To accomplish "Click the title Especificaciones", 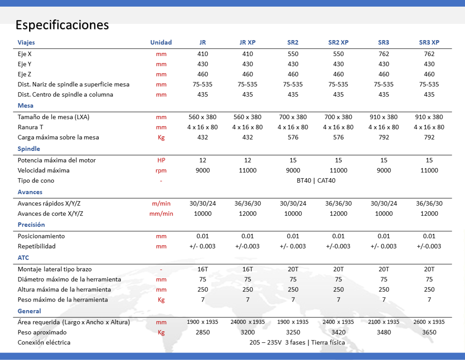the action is pyautogui.click(x=62, y=25).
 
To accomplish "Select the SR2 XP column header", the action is pyautogui.click(x=338, y=42).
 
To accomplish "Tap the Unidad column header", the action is pyautogui.click(x=161, y=42).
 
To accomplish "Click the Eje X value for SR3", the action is pyautogui.click(x=384, y=54).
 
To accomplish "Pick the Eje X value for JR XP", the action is pyautogui.click(x=248, y=54).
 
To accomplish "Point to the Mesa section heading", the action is pyautogui.click(x=26, y=105).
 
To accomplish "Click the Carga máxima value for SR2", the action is pyautogui.click(x=293, y=137).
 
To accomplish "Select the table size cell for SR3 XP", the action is pyautogui.click(x=429, y=117).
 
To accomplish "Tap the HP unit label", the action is pyautogui.click(x=161, y=160).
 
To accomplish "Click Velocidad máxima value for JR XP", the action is pyautogui.click(x=248, y=170).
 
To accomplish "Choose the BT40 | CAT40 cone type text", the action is pyautogui.click(x=316, y=180).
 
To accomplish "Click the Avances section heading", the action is pyautogui.click(x=30, y=192).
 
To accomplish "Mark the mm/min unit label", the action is pyautogui.click(x=161, y=214).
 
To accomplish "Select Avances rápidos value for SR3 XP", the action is pyautogui.click(x=429, y=203).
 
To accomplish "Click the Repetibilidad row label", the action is pyautogui.click(x=37, y=246).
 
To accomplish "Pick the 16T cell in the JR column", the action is pyautogui.click(x=203, y=269).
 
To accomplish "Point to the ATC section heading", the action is pyautogui.click(x=23, y=258).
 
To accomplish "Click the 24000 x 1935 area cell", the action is pyautogui.click(x=248, y=322).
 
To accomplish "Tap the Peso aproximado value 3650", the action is pyautogui.click(x=429, y=332).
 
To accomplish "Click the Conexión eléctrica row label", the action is pyautogui.click(x=44, y=342).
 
